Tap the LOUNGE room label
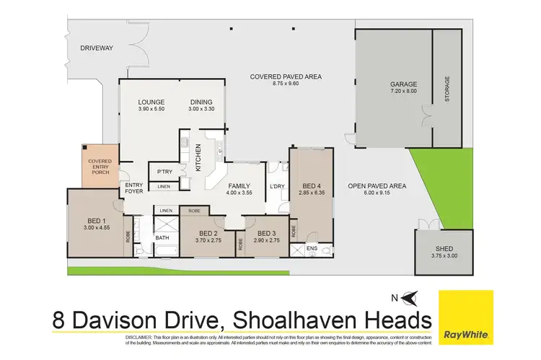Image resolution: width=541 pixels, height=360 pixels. click(x=151, y=102)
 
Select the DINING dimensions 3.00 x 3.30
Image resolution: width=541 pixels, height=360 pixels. click(x=202, y=109)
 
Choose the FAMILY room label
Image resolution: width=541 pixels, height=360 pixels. click(x=238, y=185)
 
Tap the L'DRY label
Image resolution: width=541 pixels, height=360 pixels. click(x=276, y=188)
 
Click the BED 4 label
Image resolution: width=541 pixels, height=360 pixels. click(x=312, y=185)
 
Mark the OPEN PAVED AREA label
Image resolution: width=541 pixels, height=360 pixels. click(x=377, y=186)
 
